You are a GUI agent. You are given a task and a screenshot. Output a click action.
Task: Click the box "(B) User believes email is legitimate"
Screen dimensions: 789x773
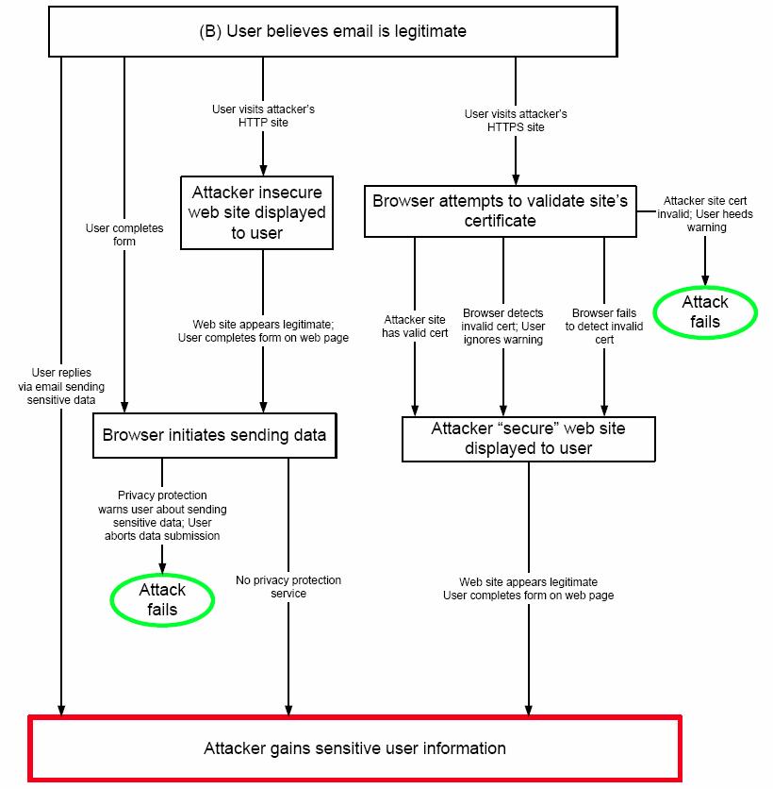point(333,31)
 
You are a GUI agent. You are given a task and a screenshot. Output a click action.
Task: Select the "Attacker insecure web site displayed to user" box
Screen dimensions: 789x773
point(256,212)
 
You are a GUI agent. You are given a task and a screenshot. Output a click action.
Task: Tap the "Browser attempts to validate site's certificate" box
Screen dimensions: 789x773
point(500,210)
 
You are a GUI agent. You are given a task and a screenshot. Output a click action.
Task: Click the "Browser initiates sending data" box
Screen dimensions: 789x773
point(214,435)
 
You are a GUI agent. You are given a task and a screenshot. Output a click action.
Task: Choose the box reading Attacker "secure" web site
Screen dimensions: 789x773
point(528,438)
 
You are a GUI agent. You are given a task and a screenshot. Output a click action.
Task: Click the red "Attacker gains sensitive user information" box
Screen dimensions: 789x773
point(354,748)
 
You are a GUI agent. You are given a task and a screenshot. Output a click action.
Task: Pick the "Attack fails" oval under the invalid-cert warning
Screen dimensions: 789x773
point(705,312)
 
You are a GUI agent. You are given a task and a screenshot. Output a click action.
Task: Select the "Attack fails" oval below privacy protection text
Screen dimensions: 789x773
point(162,600)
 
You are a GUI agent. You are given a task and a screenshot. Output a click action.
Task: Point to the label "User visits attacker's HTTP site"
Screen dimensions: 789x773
point(263,115)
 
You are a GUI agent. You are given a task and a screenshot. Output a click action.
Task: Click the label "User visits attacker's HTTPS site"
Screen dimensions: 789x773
point(516,120)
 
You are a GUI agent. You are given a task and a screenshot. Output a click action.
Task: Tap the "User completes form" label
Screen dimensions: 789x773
point(124,234)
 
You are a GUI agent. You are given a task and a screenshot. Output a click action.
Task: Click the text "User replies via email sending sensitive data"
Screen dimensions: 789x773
point(62,387)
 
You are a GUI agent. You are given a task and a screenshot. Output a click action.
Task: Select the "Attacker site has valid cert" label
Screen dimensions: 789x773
point(415,327)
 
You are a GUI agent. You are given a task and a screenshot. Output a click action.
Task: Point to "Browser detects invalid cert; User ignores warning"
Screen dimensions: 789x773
point(503,327)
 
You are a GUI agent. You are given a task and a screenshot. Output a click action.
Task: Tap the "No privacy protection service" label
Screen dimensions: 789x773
point(288,586)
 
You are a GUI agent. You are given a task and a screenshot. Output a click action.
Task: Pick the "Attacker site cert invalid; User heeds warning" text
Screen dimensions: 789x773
point(706,214)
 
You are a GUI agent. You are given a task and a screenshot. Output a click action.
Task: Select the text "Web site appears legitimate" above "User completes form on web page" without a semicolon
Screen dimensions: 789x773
point(528,582)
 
